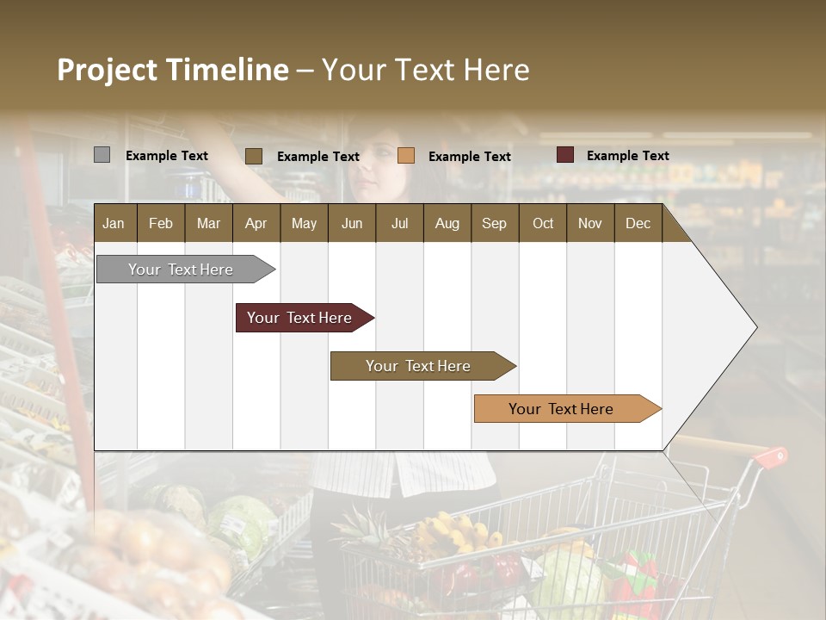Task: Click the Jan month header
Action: click(114, 223)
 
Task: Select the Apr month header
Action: click(256, 223)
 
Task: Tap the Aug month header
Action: click(447, 223)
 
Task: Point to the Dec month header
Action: click(638, 223)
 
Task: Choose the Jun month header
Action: click(351, 223)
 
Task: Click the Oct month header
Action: click(542, 223)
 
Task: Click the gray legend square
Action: click(102, 155)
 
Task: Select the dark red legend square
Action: click(564, 155)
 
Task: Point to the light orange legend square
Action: click(406, 156)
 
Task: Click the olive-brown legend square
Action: click(253, 156)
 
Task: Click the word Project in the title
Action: click(108, 70)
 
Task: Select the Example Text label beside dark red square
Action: click(627, 155)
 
